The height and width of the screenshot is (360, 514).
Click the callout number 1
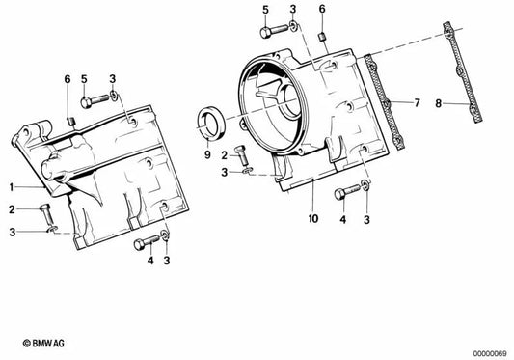(13, 185)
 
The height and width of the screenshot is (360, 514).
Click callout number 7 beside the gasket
(417, 101)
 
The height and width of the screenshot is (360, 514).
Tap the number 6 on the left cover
(67, 78)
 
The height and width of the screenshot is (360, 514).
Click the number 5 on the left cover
(84, 78)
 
